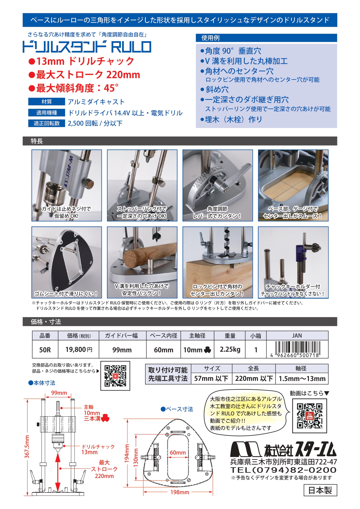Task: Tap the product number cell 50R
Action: tap(45, 350)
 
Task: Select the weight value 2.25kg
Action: tap(230, 349)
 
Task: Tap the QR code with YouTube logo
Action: tap(310, 416)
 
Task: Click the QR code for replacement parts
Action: tap(115, 376)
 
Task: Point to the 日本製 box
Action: tap(320, 490)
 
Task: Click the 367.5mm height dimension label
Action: tap(27, 447)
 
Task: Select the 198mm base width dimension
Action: tap(180, 492)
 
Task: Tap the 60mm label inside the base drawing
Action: tap(178, 452)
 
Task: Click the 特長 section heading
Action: tap(37, 141)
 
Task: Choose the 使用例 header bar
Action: tap(266, 38)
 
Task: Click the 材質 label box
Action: tap(46, 102)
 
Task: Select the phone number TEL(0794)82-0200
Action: tap(283, 470)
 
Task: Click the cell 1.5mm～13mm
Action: tap(302, 378)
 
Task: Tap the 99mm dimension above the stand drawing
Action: tap(59, 393)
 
